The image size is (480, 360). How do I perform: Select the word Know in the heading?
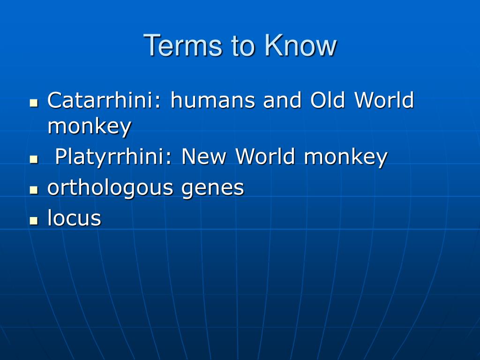pos(300,45)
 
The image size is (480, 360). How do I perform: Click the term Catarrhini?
pos(105,100)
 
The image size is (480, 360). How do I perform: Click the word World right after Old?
pos(384,100)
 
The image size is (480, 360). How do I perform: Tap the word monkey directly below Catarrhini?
pos(89,127)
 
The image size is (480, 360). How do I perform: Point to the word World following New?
pos(266,157)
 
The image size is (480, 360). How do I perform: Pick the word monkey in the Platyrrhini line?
pos(345,157)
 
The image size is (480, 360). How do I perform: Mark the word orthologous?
pos(111,188)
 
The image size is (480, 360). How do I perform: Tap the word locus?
pos(74,218)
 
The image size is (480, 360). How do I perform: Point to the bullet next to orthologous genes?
pos(33,190)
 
